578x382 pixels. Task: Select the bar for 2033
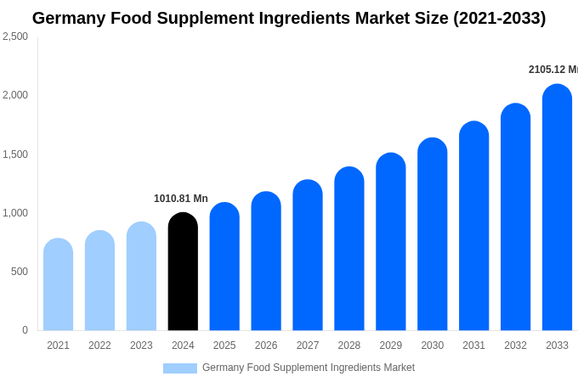tap(557, 208)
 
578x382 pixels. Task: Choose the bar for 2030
tap(432, 234)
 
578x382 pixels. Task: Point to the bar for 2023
tap(141, 277)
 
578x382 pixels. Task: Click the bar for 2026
tap(266, 261)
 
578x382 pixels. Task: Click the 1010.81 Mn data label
tap(181, 199)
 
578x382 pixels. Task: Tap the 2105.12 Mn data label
tap(552, 70)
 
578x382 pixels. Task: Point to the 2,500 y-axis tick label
tap(15, 37)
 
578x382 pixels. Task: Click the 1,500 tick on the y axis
tap(15, 154)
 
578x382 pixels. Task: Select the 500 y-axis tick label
tap(19, 272)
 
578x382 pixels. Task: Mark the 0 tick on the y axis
tap(25, 330)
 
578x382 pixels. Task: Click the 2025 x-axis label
tap(224, 345)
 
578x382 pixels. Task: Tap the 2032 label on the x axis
tap(515, 345)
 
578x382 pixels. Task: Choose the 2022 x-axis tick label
tap(99, 345)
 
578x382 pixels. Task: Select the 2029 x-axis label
tap(391, 345)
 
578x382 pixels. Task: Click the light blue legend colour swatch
tap(180, 368)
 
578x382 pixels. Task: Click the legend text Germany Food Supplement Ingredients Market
tap(309, 368)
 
